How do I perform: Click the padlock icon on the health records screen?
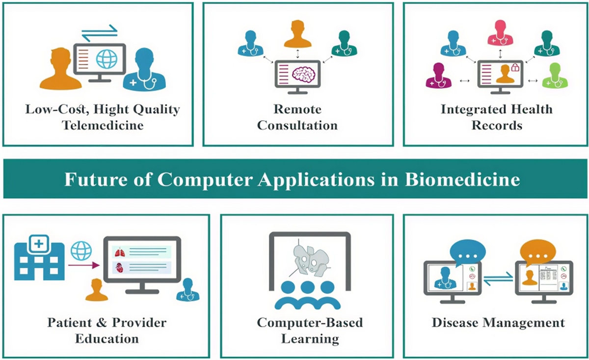click(x=514, y=68)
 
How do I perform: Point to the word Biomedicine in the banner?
click(x=462, y=180)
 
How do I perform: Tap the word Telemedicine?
click(x=103, y=125)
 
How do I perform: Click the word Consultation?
click(x=297, y=125)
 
